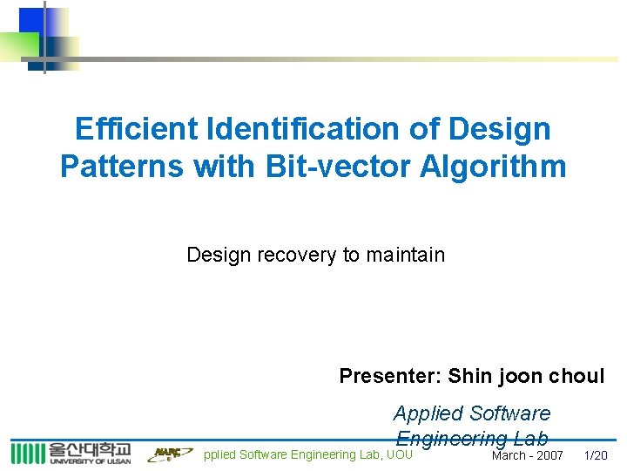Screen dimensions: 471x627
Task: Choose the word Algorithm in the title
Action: (x=493, y=166)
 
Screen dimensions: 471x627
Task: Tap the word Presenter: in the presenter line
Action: (x=391, y=376)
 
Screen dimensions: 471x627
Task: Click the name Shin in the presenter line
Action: (x=470, y=376)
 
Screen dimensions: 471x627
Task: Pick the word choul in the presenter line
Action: (x=576, y=376)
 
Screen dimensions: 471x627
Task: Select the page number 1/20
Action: (x=596, y=455)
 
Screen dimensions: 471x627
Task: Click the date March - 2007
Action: (x=528, y=455)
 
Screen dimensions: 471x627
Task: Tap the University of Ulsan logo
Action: (x=71, y=453)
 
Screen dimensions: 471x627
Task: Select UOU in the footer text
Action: (x=400, y=454)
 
